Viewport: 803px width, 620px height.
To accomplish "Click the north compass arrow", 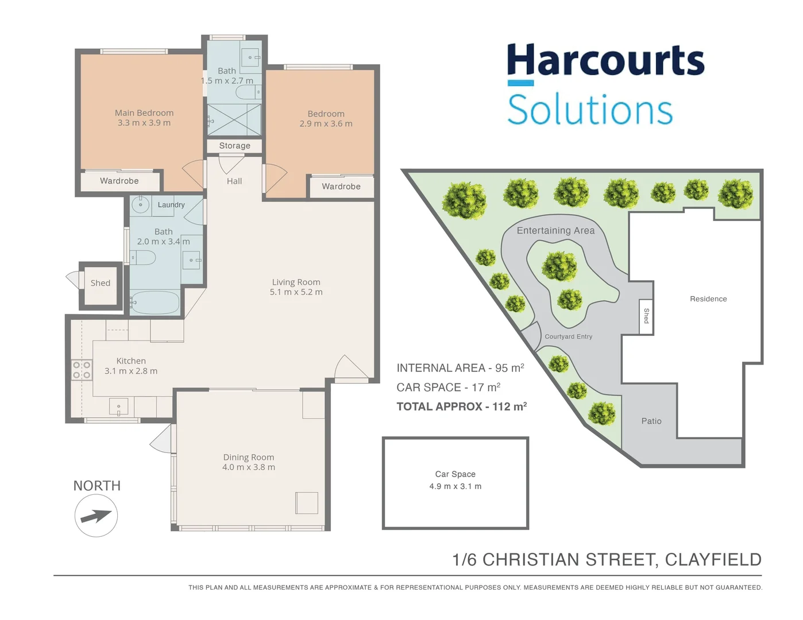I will (x=96, y=516).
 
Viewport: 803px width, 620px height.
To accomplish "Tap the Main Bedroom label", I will (x=144, y=113).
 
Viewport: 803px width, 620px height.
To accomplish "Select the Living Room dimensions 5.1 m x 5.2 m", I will (x=296, y=292).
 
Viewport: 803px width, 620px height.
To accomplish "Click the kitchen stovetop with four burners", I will (x=82, y=370).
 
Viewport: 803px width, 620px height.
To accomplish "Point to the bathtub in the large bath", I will (x=155, y=302).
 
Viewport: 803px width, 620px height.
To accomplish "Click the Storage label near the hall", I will (x=234, y=146).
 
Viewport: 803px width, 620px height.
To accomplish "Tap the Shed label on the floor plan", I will (x=100, y=283).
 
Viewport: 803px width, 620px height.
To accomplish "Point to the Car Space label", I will (x=455, y=474).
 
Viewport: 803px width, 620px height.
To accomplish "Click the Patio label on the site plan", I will (x=651, y=421).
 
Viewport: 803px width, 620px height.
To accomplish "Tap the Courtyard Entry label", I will (x=568, y=336).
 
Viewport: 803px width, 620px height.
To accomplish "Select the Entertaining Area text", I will (x=555, y=230).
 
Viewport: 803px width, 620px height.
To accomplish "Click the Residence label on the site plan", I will (x=708, y=299).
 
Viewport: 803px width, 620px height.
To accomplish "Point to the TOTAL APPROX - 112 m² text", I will (x=461, y=406).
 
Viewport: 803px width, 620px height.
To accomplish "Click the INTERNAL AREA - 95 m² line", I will (x=460, y=368).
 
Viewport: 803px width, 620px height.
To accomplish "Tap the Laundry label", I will (x=171, y=205).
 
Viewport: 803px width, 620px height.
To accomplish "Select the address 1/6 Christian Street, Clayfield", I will (x=607, y=559).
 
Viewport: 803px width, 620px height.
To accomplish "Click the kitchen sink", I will (x=118, y=407).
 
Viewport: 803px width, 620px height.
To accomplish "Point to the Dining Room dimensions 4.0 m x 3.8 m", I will (x=248, y=467).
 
